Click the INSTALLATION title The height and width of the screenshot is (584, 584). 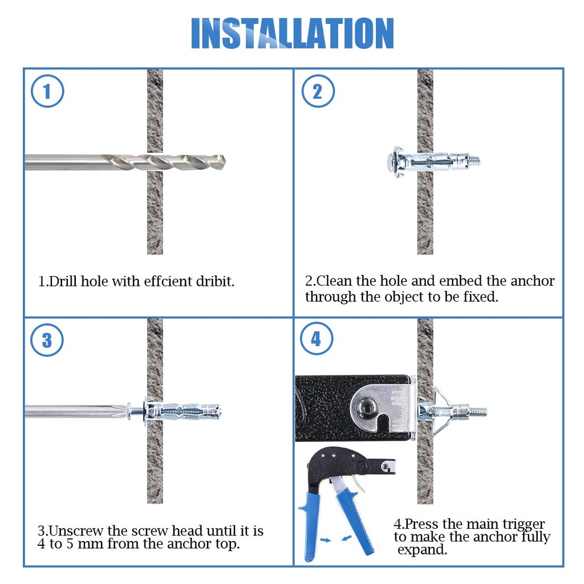[x=292, y=33]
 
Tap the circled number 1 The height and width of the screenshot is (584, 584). [x=47, y=92]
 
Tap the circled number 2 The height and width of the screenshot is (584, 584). [x=317, y=92]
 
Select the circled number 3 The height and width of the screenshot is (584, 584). [x=47, y=340]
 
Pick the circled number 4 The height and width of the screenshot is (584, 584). [x=317, y=340]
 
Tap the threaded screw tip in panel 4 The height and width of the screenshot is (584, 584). [x=478, y=410]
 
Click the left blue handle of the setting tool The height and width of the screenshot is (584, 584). [x=311, y=525]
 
